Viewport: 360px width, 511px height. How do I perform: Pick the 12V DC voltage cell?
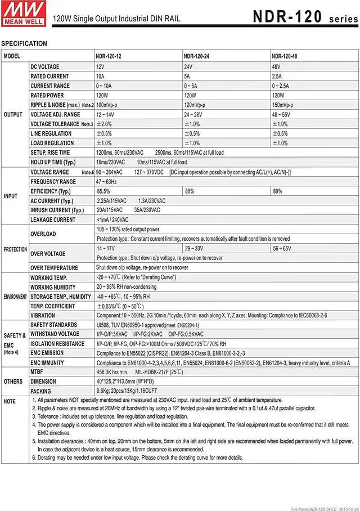pos(101,66)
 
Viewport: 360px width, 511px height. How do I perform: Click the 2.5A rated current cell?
pos(277,76)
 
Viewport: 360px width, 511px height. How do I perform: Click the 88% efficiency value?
pos(190,191)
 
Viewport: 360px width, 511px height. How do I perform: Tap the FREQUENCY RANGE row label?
pos(53,182)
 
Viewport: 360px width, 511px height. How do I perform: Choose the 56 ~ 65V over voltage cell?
pos(282,248)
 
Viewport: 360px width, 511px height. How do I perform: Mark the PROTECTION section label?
pos(15,249)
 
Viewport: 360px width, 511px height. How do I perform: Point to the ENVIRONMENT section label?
pos(15,297)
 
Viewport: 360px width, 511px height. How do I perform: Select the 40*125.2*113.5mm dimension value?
pos(125,382)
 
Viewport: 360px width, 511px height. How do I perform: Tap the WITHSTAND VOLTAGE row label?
pos(57,334)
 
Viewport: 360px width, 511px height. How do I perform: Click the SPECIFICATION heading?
pos(24,43)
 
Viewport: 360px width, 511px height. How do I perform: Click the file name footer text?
pos(323,508)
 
